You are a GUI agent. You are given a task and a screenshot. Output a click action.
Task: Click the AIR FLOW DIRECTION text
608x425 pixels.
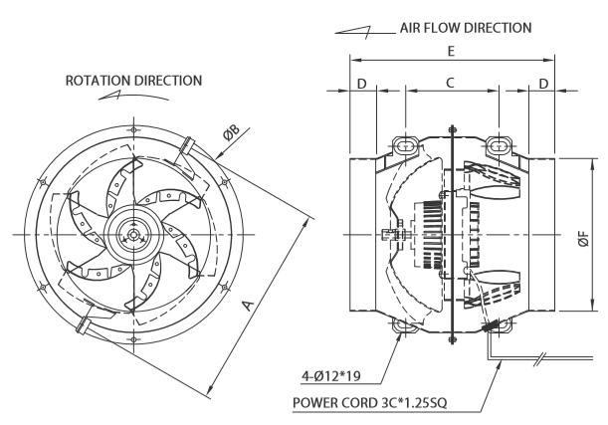[466, 28]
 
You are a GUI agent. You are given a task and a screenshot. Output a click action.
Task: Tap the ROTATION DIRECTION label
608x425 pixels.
[133, 81]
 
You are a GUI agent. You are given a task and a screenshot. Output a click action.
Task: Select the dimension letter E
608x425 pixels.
[451, 51]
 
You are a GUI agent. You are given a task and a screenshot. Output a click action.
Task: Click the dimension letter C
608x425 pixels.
[450, 83]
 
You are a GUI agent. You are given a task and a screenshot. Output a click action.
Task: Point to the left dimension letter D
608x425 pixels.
[361, 84]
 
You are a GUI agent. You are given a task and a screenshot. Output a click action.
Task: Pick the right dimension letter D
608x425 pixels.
[543, 84]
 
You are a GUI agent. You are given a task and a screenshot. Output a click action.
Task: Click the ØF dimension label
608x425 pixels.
[583, 239]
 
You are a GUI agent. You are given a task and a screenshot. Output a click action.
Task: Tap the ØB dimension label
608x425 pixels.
[231, 133]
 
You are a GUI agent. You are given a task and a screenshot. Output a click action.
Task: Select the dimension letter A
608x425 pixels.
[248, 306]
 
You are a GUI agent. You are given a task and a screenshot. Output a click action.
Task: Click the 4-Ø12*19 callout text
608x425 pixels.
[331, 376]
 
